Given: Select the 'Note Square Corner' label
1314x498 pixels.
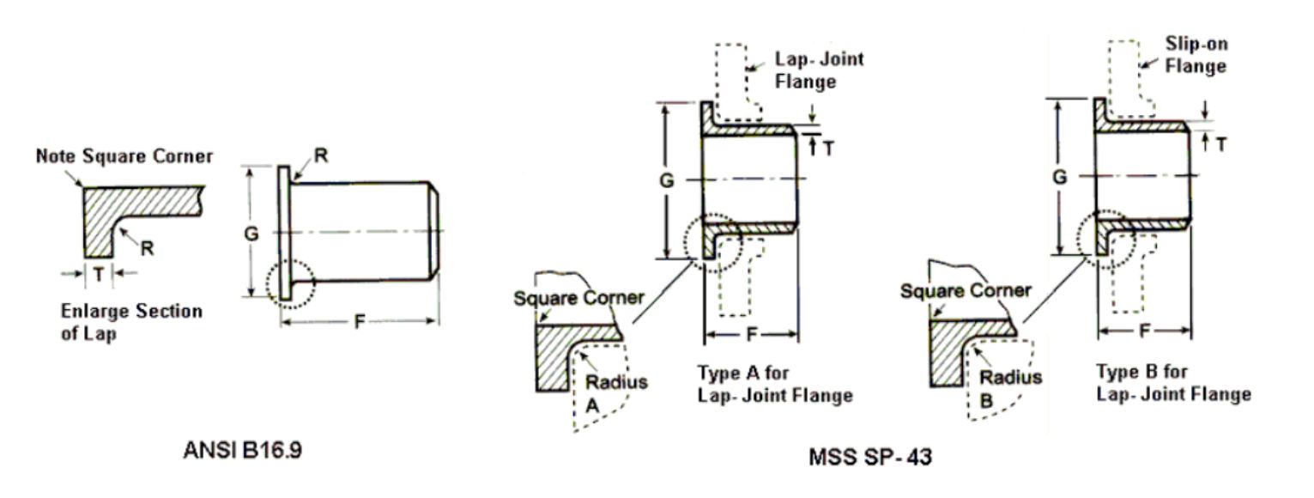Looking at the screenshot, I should [124, 156].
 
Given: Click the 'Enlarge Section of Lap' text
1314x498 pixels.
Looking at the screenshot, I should [131, 322].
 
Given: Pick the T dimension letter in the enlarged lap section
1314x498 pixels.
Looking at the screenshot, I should [100, 274].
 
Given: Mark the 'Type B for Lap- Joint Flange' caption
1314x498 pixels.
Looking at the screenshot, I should [1173, 383].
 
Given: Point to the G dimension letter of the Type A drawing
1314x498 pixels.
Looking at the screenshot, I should [667, 179].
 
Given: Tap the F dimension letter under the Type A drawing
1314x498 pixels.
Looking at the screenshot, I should [751, 333].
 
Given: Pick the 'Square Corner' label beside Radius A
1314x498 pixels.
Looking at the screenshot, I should [578, 297].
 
